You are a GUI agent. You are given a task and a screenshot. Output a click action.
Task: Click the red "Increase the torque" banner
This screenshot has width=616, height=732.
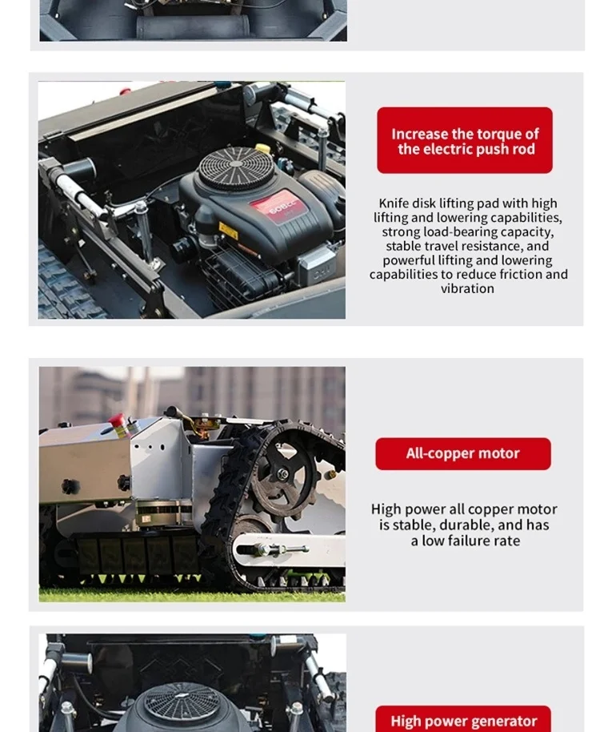[x=465, y=140]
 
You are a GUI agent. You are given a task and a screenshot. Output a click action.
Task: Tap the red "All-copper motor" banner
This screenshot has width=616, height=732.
[x=463, y=454]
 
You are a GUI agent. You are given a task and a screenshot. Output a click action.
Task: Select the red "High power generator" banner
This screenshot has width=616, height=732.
[x=463, y=719]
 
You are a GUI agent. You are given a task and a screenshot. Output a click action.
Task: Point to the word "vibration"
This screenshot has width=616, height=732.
[x=467, y=288]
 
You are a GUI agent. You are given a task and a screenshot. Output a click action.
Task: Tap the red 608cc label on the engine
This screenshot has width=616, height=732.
[x=279, y=207]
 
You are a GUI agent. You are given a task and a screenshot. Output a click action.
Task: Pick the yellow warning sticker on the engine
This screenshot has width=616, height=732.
[x=229, y=231]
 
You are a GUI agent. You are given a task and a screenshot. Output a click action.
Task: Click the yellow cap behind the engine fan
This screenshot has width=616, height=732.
[x=263, y=148]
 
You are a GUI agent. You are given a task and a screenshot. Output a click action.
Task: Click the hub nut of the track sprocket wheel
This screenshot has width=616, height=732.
[x=282, y=475]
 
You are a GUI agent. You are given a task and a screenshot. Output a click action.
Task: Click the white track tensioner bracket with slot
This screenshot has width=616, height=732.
[x=289, y=549]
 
